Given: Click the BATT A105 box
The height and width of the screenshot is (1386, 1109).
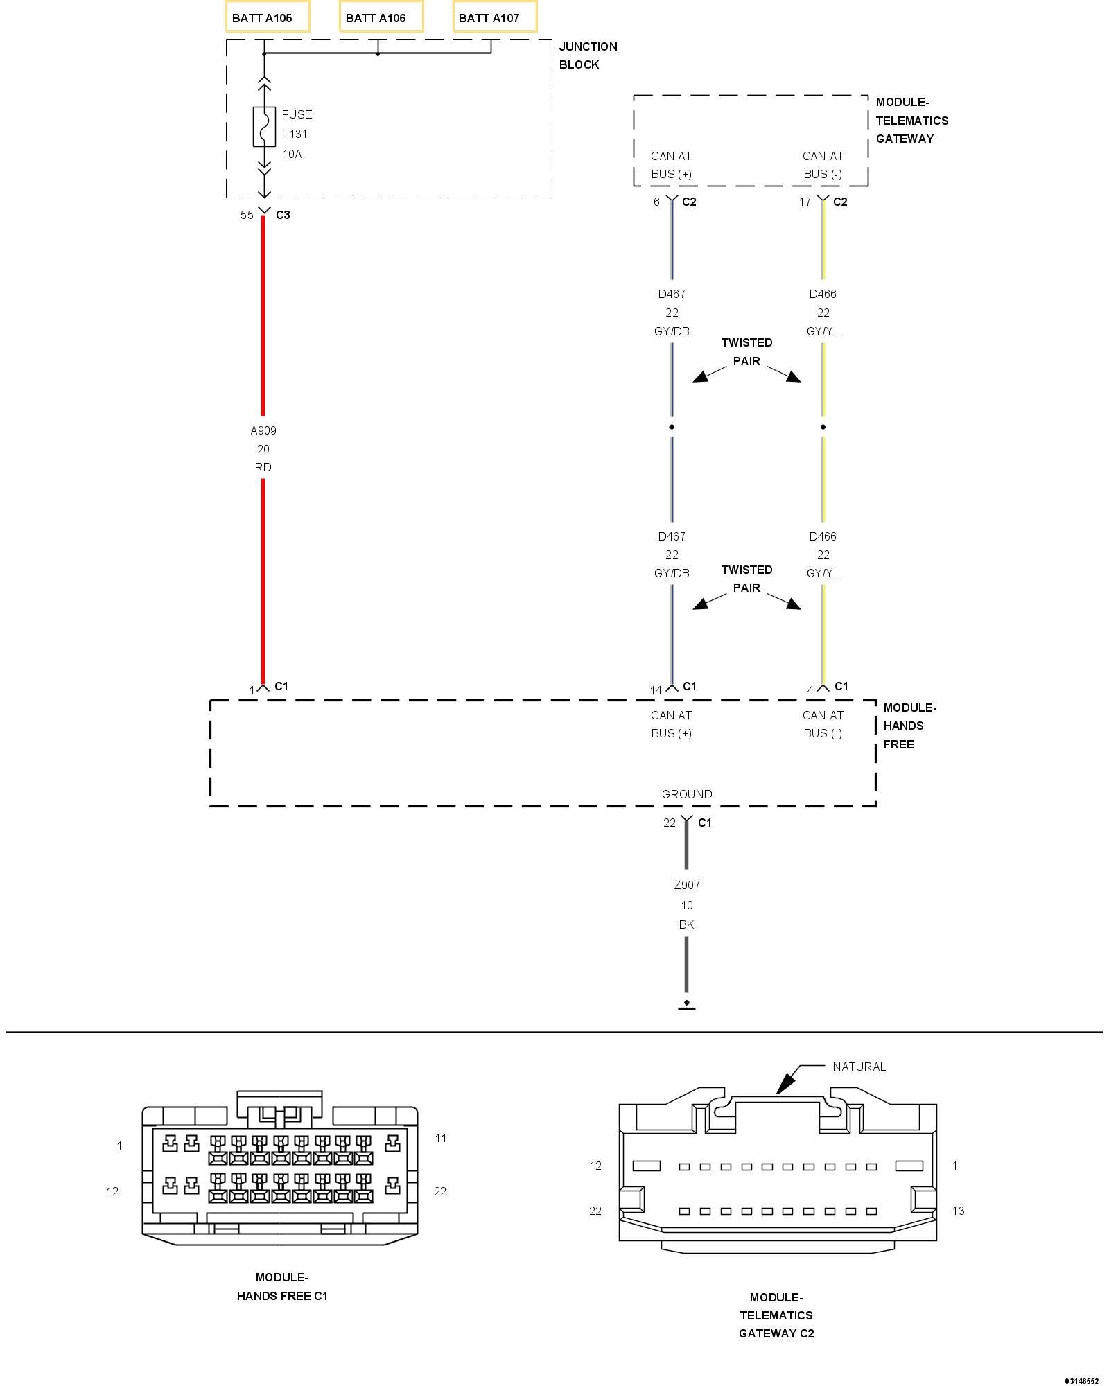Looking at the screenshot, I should pos(267,17).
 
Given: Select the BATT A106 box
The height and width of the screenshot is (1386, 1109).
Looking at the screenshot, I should pos(381,17).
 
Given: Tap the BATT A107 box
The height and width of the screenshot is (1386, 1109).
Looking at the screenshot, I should pos(494,17).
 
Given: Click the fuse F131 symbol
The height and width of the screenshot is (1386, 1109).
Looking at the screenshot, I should pos(263,126).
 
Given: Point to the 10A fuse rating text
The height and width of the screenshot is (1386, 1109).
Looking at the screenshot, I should pos(292,154).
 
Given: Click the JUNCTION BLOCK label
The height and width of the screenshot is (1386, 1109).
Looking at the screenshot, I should pos(588,55).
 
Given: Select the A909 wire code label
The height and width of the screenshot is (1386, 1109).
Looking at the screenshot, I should pos(263,430).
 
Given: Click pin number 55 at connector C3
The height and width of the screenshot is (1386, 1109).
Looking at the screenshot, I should pos(247,215).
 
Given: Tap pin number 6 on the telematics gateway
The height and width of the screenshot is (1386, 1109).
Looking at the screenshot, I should pos(656,202).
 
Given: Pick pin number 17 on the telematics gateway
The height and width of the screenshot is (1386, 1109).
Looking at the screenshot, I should pos(805,202).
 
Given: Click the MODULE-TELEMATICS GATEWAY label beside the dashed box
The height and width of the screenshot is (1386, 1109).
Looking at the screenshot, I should pos(911,121).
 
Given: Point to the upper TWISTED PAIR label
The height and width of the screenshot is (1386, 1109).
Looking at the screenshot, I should pos(746,351).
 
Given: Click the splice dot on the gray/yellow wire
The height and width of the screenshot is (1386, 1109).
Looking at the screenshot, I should pos(823,427).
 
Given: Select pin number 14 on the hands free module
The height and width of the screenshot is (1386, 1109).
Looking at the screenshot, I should pos(656,690).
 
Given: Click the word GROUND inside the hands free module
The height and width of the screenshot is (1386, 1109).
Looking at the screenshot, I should pos(686,794).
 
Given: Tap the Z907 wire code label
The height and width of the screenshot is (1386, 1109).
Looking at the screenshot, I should pos(686,885).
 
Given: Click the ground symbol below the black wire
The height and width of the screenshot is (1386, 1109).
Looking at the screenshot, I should pos(686,1004).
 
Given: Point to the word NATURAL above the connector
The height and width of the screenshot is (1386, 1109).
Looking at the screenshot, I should pos(859,1067).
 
